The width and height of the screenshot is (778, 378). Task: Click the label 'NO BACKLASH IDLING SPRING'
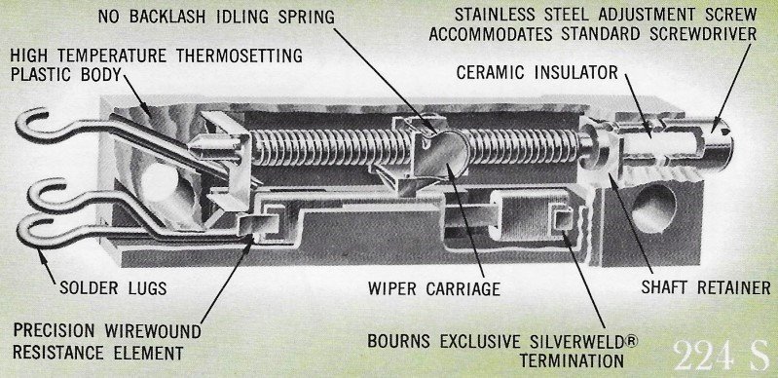pyautogui.click(x=216, y=16)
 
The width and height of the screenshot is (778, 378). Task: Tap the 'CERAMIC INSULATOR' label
pyautogui.click(x=537, y=72)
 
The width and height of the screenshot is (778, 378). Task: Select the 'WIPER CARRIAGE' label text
pyautogui.click(x=433, y=288)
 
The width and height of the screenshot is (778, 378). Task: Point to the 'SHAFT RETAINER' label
pyautogui.click(x=706, y=287)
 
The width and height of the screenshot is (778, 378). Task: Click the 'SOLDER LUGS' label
pyautogui.click(x=113, y=288)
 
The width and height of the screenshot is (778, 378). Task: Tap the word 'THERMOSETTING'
pyautogui.click(x=237, y=56)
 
